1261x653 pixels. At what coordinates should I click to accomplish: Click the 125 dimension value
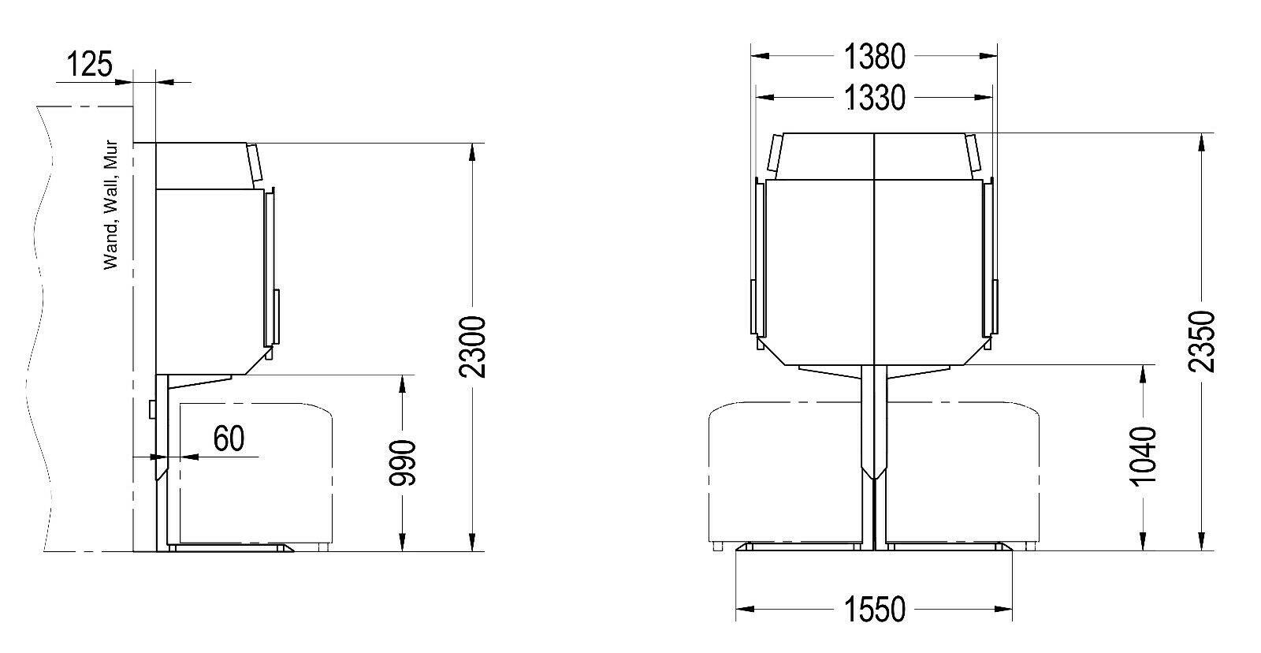coord(90,64)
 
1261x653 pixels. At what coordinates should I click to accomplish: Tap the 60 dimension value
coord(229,438)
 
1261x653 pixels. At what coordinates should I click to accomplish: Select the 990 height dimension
coord(403,463)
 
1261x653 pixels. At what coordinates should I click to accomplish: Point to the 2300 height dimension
coord(472,346)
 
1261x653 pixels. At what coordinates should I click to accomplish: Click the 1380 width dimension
coord(874,57)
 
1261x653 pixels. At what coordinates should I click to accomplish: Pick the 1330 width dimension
coord(874,98)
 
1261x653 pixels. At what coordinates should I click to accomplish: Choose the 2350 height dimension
coord(1201,341)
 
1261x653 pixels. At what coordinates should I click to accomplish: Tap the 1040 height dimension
coord(1144,455)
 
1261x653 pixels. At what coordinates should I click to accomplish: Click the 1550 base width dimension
coord(874,609)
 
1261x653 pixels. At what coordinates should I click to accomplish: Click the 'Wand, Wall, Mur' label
coord(111,205)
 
